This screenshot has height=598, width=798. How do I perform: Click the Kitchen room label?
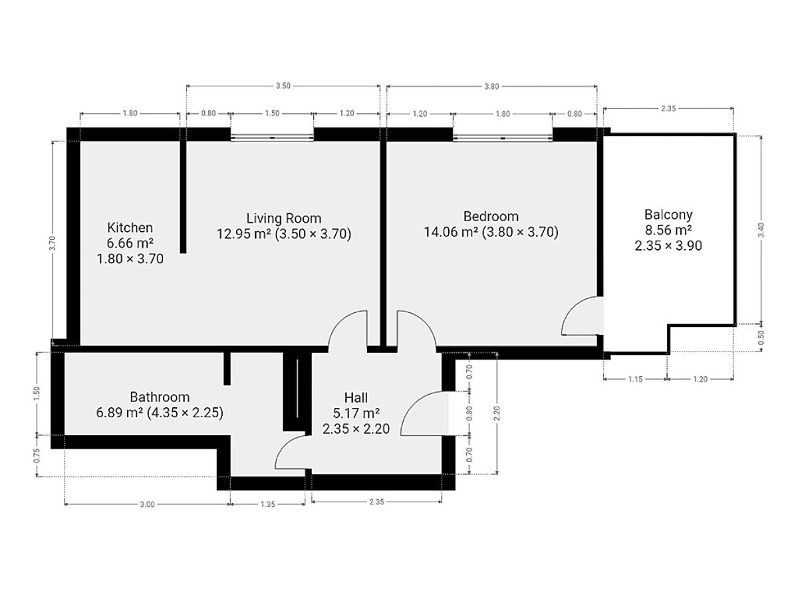(x=130, y=228)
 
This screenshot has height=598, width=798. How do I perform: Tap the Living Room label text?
(x=283, y=218)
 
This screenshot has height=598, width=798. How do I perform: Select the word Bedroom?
(x=490, y=217)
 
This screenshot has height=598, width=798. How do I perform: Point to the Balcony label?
(x=668, y=215)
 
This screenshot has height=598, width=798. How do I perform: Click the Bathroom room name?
(x=160, y=397)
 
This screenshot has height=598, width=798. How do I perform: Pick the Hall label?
(x=356, y=397)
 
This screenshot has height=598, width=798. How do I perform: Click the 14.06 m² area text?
(x=451, y=232)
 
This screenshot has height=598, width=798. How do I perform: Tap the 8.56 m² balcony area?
(x=668, y=230)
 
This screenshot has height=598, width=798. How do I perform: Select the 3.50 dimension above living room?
(x=283, y=86)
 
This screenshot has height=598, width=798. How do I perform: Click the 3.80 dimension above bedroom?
(x=491, y=86)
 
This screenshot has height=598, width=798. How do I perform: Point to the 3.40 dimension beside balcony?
(x=761, y=229)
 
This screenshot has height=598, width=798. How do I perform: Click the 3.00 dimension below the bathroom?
(x=147, y=504)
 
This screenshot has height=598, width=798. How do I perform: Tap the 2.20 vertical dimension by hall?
(x=497, y=413)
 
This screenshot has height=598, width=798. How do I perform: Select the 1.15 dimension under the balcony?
(x=635, y=379)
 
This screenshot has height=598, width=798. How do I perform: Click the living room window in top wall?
(x=272, y=138)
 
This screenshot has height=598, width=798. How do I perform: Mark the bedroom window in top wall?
(x=503, y=138)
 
